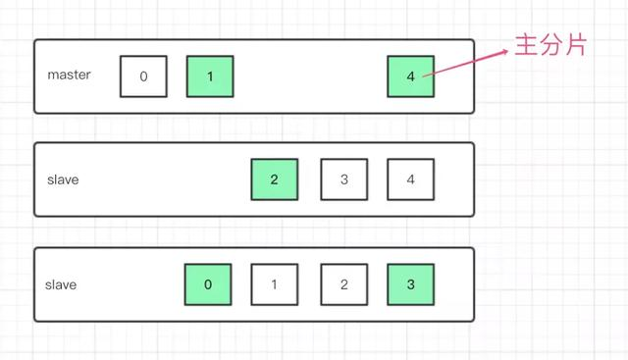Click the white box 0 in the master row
pyautogui.click(x=143, y=77)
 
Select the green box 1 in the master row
pyautogui.click(x=210, y=77)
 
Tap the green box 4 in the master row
pyautogui.click(x=410, y=77)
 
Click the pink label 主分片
pyautogui.click(x=550, y=45)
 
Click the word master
pyautogui.click(x=69, y=75)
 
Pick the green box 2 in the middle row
pyautogui.click(x=274, y=180)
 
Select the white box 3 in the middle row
pyautogui.click(x=343, y=180)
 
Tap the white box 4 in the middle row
pyautogui.click(x=410, y=180)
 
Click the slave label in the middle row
pyautogui.click(x=62, y=180)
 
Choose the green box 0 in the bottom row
pyautogui.click(x=207, y=284)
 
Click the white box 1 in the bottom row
pyautogui.click(x=274, y=284)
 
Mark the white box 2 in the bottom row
pyautogui.click(x=343, y=284)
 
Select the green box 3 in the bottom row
pyautogui.click(x=410, y=284)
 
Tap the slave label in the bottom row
pyautogui.click(x=61, y=284)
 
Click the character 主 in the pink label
pyautogui.click(x=527, y=45)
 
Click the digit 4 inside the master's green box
pyautogui.click(x=410, y=77)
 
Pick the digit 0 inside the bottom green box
pyautogui.click(x=207, y=284)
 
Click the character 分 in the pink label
pyautogui.click(x=550, y=45)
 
